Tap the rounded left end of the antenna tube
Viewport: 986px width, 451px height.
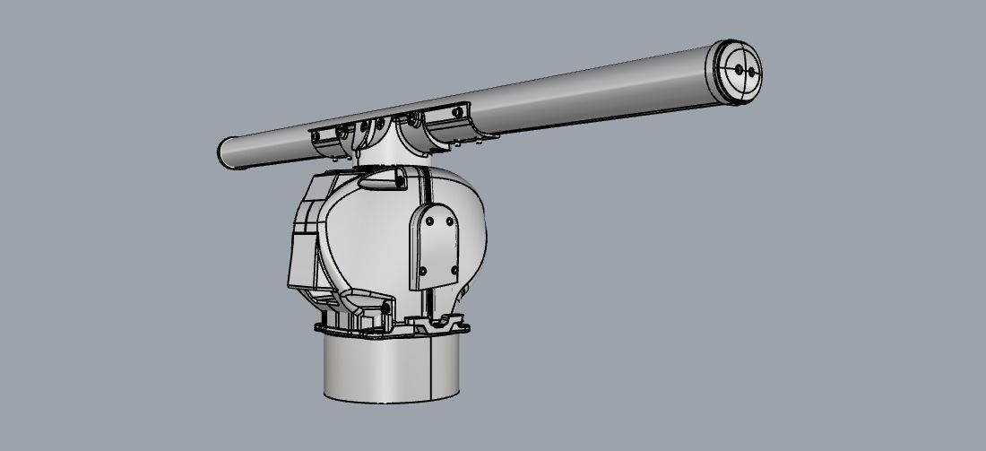pyautogui.click(x=227, y=152)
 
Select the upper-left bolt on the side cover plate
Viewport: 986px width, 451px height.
pyautogui.click(x=429, y=221)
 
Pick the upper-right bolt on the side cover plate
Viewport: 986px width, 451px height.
pyautogui.click(x=447, y=218)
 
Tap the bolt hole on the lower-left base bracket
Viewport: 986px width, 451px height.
pyautogui.click(x=385, y=309)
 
